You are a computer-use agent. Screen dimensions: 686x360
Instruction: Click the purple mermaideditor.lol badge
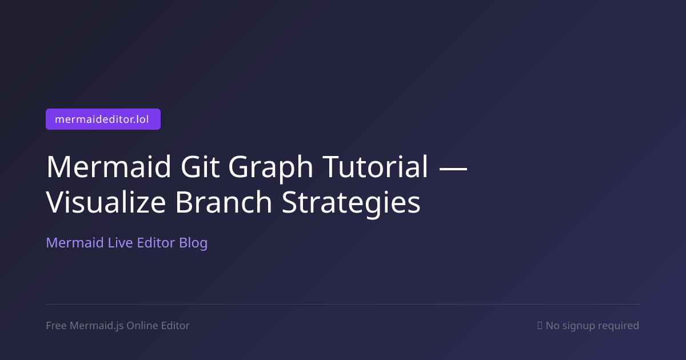[x=103, y=119]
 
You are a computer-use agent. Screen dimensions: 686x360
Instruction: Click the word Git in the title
[x=200, y=166]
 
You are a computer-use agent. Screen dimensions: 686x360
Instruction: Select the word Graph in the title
[x=271, y=169]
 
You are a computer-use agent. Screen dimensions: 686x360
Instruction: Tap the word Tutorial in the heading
[x=375, y=166]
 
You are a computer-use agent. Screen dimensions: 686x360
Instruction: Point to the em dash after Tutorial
[x=453, y=168]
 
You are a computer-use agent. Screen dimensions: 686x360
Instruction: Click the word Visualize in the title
[x=106, y=202]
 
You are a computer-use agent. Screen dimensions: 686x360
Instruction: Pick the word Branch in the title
[x=224, y=202]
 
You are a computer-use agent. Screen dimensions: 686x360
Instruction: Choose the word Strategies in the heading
[x=351, y=204]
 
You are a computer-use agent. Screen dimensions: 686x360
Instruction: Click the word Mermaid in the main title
[x=109, y=166]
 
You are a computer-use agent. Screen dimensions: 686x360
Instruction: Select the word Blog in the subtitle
[x=193, y=243]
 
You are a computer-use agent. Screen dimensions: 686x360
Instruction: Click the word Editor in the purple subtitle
[x=156, y=243]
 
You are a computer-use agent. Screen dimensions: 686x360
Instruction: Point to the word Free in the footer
[x=56, y=325]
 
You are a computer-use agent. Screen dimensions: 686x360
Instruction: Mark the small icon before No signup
[x=540, y=325]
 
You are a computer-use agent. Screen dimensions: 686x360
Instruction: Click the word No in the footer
[x=552, y=326]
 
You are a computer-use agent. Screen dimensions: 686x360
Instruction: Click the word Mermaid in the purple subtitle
[x=75, y=243]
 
